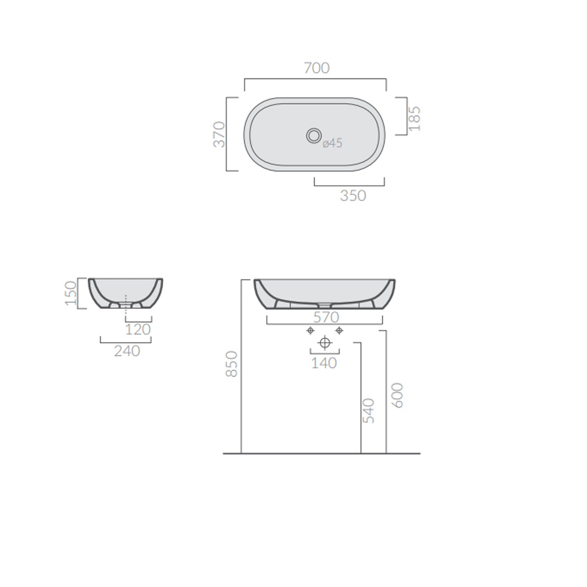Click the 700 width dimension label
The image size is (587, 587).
coord(317,68)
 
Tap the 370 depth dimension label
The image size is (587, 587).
coord(220,135)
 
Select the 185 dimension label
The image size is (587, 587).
coord(414,119)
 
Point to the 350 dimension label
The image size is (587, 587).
coord(353,196)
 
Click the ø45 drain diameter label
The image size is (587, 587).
coord(333,143)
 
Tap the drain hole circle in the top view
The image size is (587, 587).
coord(313,135)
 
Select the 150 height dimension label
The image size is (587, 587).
coord(71,293)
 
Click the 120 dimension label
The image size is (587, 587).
coord(138,330)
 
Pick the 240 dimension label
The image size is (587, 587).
coord(127,351)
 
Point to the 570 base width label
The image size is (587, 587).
coord(326,317)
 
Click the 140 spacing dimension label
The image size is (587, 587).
coord(324,363)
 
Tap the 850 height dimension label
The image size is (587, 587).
coord(232,364)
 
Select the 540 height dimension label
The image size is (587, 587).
coord(369,411)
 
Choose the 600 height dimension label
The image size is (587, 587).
coord(397,396)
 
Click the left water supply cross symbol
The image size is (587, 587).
coord(310,331)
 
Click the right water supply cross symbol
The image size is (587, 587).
coord(339,331)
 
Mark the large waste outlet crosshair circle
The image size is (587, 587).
coord(325,343)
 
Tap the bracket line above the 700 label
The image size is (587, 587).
coord(315,79)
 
